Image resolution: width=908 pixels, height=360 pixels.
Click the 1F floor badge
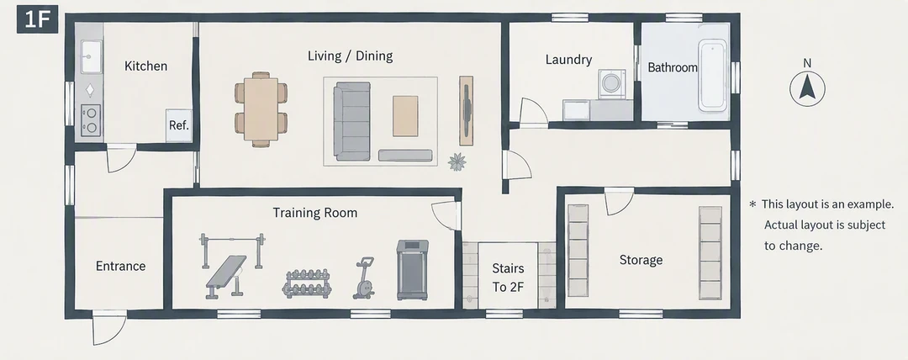click(x=37, y=19)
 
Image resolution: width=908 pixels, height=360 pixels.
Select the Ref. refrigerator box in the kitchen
click(x=179, y=125)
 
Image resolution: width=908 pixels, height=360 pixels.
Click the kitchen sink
click(x=90, y=56)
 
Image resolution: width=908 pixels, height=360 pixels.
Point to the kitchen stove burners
click(x=90, y=120)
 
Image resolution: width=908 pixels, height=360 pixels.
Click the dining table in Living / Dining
click(x=261, y=109)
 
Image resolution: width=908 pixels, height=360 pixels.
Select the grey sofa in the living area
click(x=352, y=121)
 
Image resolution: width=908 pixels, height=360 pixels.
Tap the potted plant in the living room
click(x=457, y=161)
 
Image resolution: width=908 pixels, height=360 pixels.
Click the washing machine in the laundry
click(x=610, y=84)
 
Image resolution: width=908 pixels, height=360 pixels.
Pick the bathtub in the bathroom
click(x=713, y=75)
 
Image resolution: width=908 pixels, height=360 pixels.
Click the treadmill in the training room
click(x=412, y=269)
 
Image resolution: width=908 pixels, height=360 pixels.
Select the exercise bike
click(x=364, y=278)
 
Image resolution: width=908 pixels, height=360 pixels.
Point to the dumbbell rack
click(x=307, y=283)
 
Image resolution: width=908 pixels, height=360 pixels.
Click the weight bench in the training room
click(x=226, y=277)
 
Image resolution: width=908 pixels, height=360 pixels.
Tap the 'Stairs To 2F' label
click(x=508, y=278)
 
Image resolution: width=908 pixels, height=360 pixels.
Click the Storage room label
click(x=641, y=260)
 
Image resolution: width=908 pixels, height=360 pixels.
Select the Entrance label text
click(x=120, y=266)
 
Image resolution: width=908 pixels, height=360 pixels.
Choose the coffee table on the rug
click(x=405, y=116)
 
